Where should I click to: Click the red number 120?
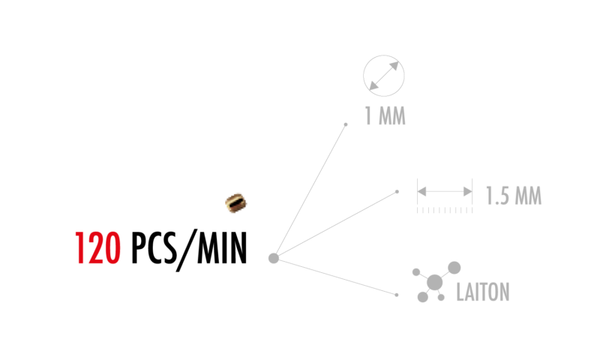coord(98,248)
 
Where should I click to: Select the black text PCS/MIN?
coord(189,250)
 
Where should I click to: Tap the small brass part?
coord(235,202)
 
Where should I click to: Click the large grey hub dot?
coord(274,258)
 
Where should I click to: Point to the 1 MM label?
coord(385,116)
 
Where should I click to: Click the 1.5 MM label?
coord(514,196)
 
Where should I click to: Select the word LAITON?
coord(483,292)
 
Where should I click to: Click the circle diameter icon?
coord(384,76)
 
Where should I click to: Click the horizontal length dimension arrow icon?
coord(445,191)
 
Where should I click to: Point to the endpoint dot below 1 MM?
coord(346,124)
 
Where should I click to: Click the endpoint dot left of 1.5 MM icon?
coord(397,192)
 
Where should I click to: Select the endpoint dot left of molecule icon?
coord(397,295)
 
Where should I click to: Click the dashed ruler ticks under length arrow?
coord(445,211)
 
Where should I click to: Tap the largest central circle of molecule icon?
coord(435,283)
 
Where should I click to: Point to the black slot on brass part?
coord(236,202)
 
